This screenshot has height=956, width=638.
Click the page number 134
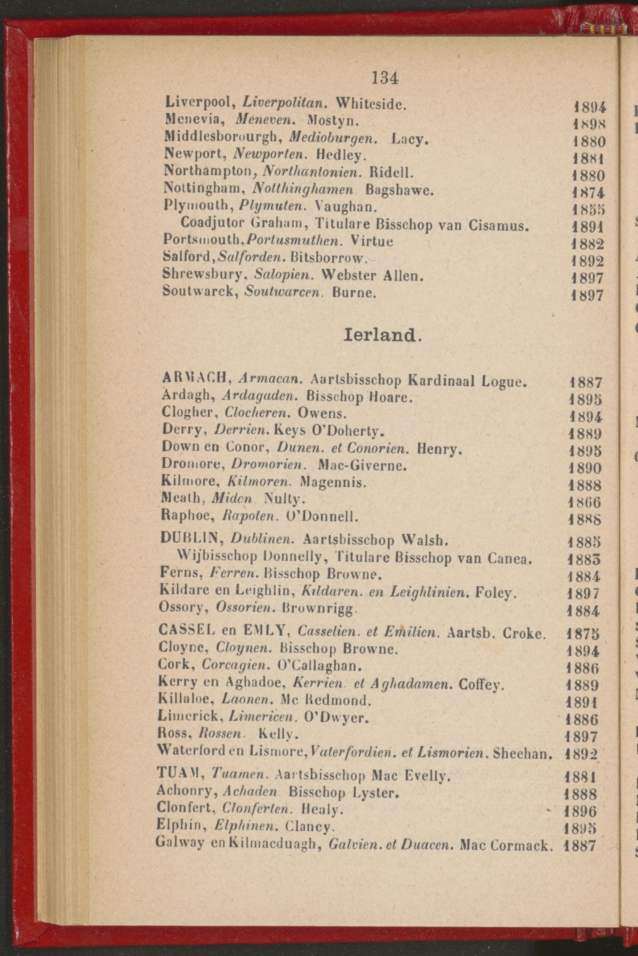click(385, 78)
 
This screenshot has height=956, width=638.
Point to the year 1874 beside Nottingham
click(588, 193)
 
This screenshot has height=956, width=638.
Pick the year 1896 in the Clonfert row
click(581, 811)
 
